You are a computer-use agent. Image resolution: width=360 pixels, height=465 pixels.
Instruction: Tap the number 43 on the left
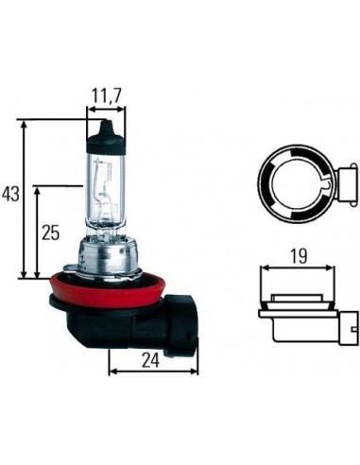tap(10, 194)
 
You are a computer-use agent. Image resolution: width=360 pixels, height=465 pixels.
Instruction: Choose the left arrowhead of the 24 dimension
tap(113, 370)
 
